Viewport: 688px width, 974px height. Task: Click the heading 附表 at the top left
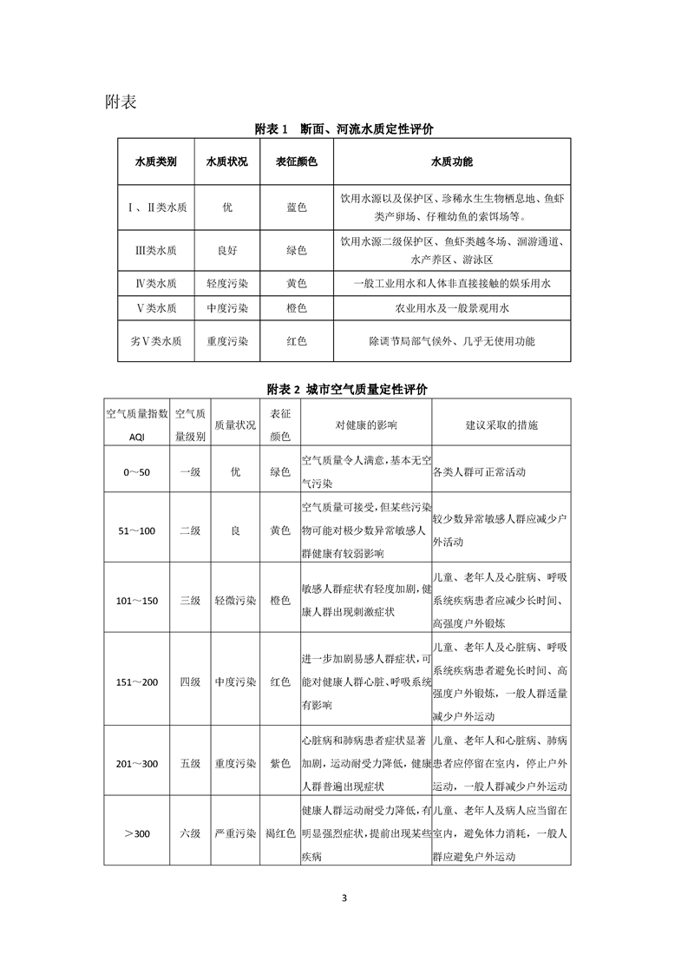[121, 102]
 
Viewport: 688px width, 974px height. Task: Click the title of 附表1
[344, 128]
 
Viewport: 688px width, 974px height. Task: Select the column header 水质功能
[451, 161]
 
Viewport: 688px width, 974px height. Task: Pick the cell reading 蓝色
[297, 207]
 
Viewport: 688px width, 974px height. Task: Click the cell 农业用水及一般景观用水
[451, 308]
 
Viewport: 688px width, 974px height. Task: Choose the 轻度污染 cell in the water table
[227, 284]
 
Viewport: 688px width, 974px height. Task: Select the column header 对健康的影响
[365, 425]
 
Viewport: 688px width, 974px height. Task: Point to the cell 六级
[190, 833]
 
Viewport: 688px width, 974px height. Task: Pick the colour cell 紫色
[279, 763]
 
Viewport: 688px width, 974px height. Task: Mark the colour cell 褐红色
[279, 833]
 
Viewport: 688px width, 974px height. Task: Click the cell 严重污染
[234, 833]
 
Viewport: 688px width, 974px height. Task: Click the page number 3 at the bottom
[344, 897]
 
